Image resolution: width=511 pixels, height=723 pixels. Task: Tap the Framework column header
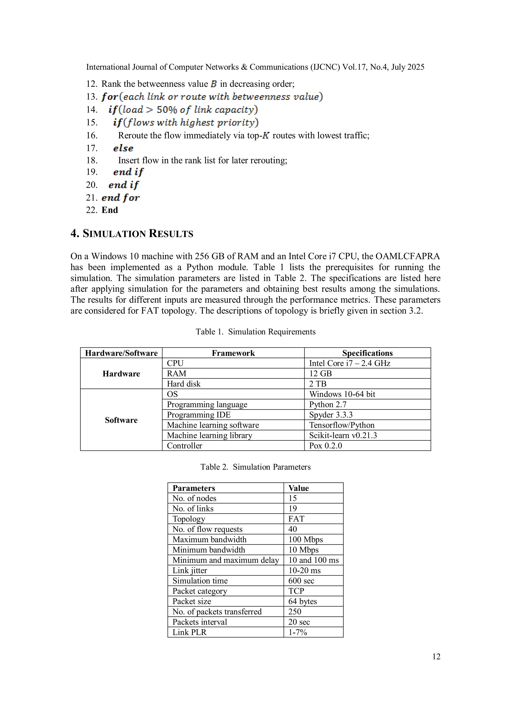[233, 353]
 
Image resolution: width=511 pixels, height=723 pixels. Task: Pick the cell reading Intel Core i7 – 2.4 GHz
[350, 363]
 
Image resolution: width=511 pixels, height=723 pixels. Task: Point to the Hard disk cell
[184, 384]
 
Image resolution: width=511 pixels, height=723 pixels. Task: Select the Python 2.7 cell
[327, 404]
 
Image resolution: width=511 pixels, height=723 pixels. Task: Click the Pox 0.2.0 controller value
[325, 445]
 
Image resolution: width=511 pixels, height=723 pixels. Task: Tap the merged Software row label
[121, 420]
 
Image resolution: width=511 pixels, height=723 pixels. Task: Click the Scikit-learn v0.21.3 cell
[343, 435]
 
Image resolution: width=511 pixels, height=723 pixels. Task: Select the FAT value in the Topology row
[296, 519]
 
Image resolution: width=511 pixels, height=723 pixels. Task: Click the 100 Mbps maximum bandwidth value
[305, 539]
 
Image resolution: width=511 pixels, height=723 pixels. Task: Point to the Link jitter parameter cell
[190, 570]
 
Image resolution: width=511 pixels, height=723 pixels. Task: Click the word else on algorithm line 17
[123, 148]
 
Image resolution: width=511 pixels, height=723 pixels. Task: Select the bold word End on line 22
[110, 210]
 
